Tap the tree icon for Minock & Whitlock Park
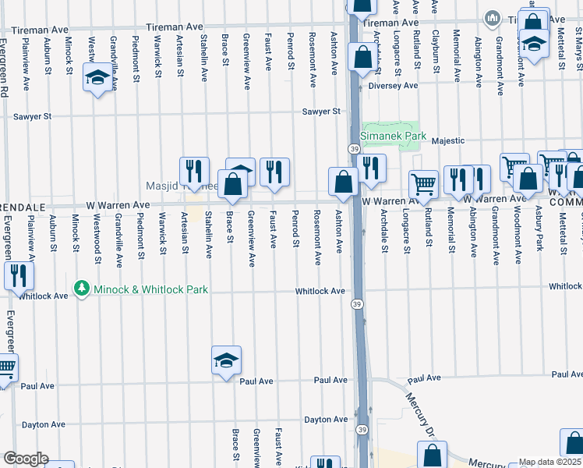(x=82, y=289)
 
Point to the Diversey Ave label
(x=394, y=86)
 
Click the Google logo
(x=25, y=459)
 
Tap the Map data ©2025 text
(x=549, y=462)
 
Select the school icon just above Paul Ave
(x=227, y=360)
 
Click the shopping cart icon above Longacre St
(x=423, y=184)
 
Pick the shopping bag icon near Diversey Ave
(x=363, y=57)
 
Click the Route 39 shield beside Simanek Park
(x=353, y=148)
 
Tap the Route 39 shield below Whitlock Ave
(x=358, y=303)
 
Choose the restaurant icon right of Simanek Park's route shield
(x=372, y=167)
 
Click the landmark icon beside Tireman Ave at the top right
(x=491, y=17)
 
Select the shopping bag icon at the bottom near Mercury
(x=432, y=455)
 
